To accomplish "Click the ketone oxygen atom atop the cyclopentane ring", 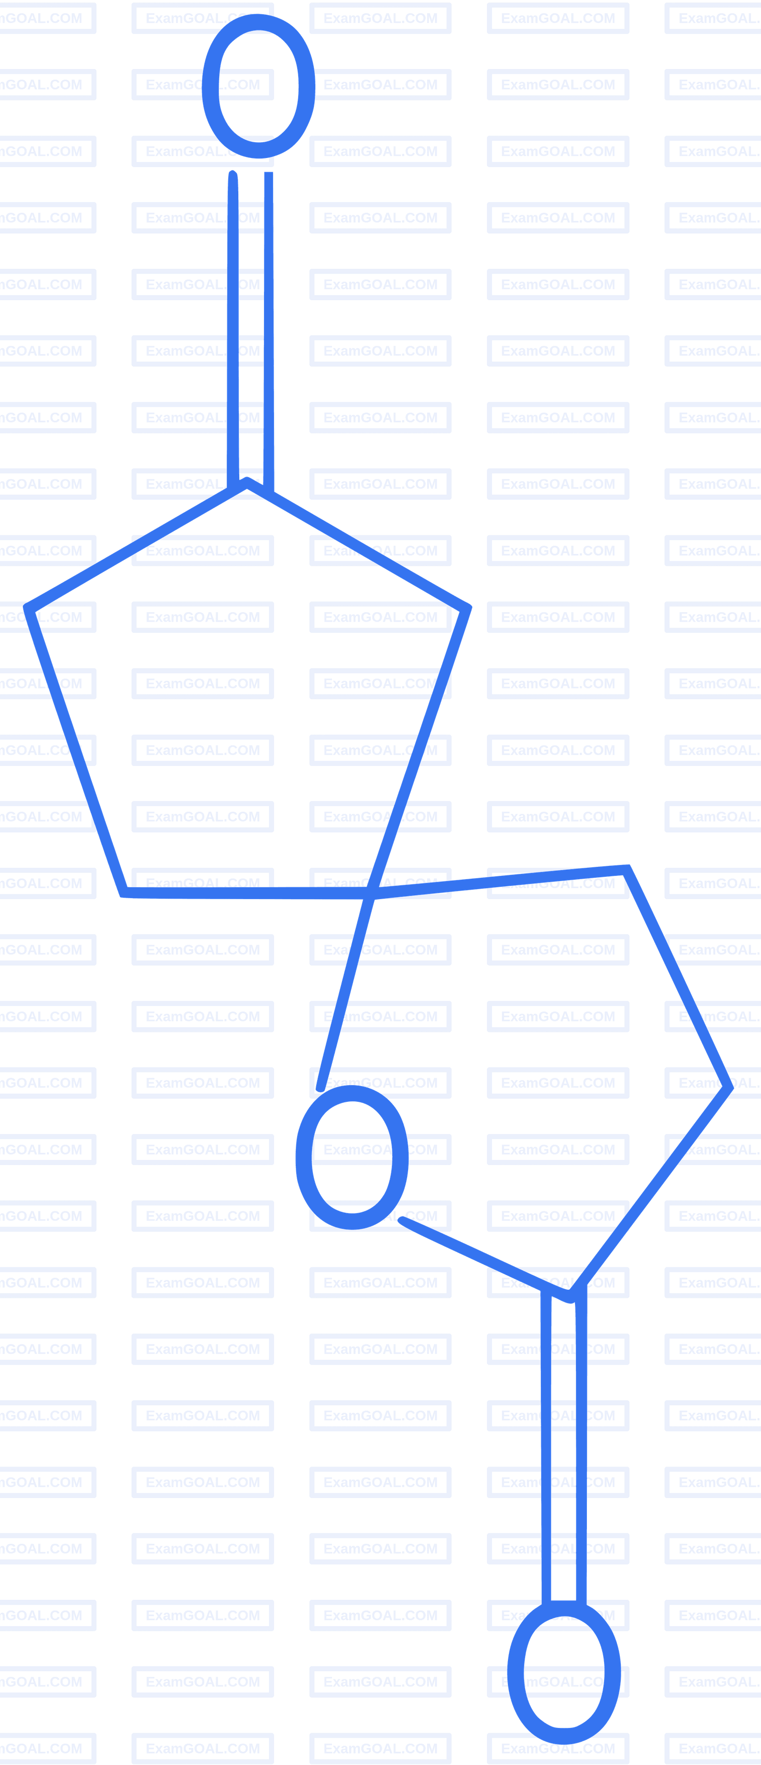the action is (258, 86).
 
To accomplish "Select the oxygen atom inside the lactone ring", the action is (352, 1157).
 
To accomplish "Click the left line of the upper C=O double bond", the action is (233, 329).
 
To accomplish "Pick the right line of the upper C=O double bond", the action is (269, 333).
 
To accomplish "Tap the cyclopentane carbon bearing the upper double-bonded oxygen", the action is (246, 483).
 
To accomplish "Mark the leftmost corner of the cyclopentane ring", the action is (28, 607).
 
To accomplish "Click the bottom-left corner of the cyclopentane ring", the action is (123, 892).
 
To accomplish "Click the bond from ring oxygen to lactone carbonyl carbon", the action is (484, 1259).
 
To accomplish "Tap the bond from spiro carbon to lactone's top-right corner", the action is (498, 881).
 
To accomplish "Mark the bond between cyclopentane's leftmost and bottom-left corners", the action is (75, 750).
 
